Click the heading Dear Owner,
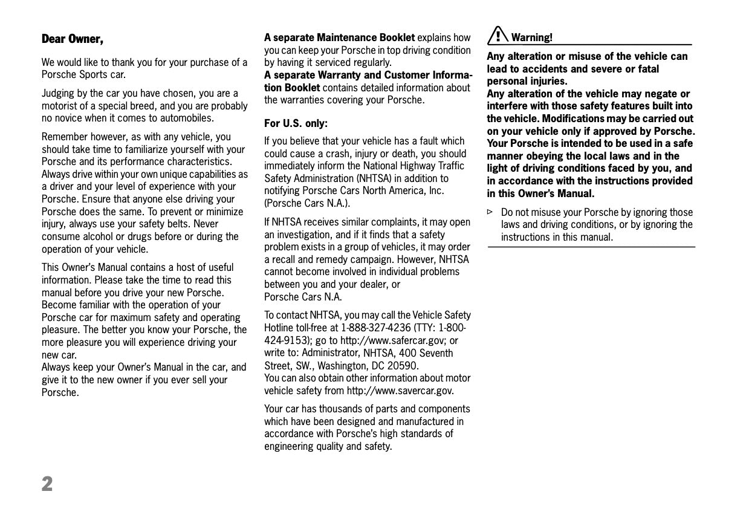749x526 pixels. [x=73, y=39]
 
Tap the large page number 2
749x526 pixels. [x=47, y=484]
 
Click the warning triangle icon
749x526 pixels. [x=498, y=36]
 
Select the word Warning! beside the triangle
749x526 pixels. [x=532, y=37]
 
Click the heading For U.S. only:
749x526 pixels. [x=296, y=123]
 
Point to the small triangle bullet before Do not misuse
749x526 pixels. [x=490, y=212]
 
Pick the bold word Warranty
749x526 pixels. [x=341, y=75]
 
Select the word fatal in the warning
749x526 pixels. [x=647, y=69]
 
